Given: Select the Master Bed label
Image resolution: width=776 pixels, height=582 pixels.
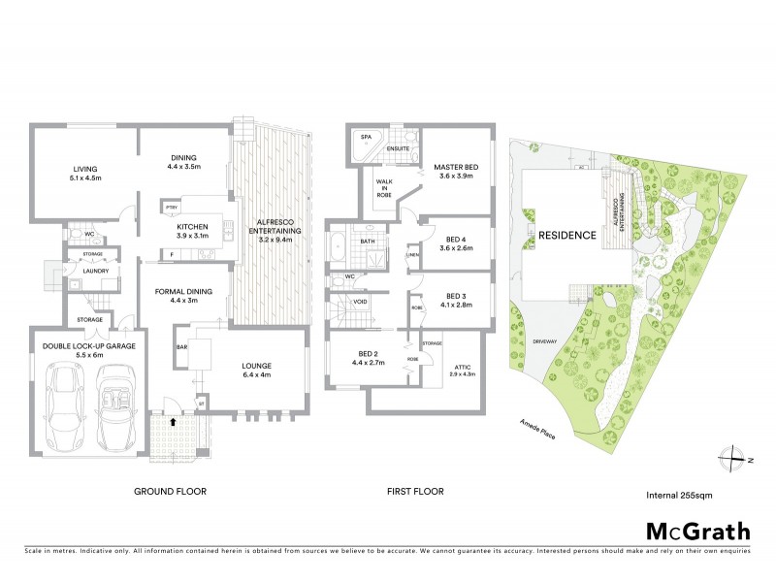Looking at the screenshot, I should (456, 171).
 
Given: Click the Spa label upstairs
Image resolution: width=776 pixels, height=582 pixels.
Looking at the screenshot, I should (367, 139).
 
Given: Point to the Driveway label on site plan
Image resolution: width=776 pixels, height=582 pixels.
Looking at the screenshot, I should (545, 341).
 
